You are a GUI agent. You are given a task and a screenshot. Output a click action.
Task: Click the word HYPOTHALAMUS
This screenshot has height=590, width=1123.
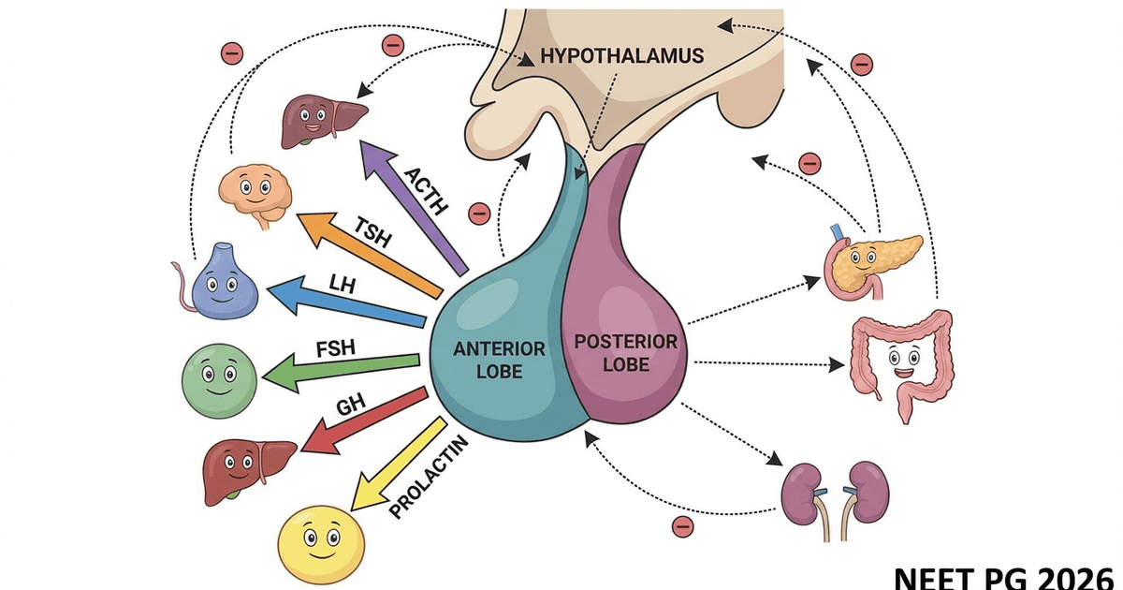tap(621, 56)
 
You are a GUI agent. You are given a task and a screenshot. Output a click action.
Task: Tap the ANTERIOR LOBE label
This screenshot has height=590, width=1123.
tap(499, 358)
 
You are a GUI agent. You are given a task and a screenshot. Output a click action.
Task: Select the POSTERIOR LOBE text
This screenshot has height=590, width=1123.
tap(624, 352)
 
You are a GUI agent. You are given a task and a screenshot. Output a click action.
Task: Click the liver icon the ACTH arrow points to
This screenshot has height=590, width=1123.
tap(319, 121)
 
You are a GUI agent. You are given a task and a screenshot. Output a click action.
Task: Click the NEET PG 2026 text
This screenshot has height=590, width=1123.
tap(1005, 575)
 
